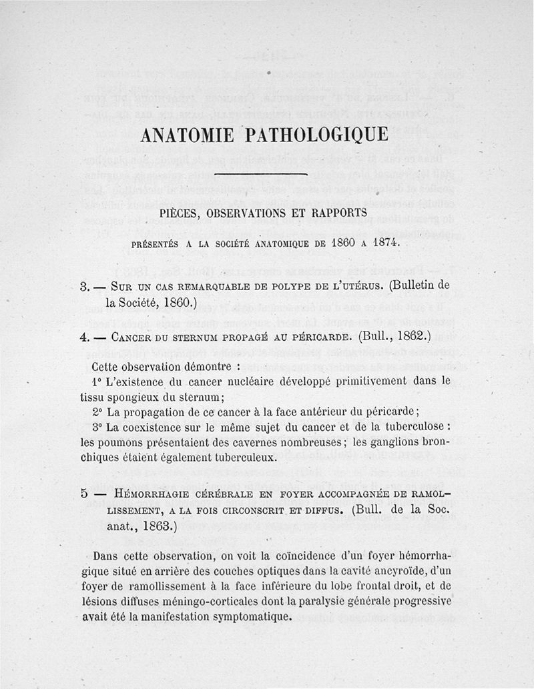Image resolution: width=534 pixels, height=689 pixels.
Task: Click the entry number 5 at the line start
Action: pos(84,494)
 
